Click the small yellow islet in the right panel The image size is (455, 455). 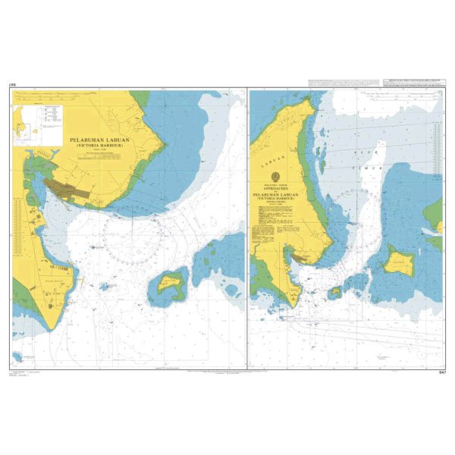[x=334, y=290]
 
